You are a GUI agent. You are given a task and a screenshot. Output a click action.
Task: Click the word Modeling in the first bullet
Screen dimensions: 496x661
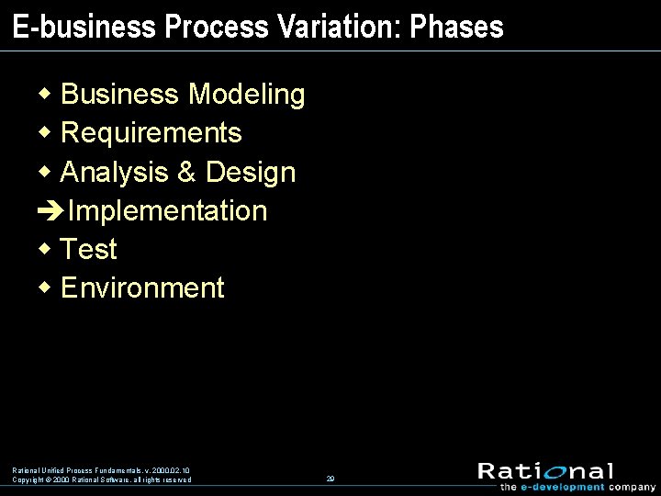(x=246, y=95)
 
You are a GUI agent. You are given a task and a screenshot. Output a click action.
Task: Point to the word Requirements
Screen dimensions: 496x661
(x=151, y=133)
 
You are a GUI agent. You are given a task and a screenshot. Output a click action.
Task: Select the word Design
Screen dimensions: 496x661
(x=251, y=172)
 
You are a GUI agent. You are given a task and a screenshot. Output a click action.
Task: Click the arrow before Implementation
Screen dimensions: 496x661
(x=50, y=211)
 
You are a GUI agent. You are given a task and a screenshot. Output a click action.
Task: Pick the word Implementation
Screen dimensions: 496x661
(x=167, y=210)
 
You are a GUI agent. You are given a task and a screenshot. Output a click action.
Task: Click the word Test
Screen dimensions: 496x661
(x=89, y=249)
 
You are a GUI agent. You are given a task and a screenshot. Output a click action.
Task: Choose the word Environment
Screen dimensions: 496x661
(x=142, y=287)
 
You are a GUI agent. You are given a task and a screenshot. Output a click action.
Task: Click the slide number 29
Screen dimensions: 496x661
(x=330, y=479)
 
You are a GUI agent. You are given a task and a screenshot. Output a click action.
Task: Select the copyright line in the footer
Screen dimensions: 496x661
(x=101, y=479)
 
